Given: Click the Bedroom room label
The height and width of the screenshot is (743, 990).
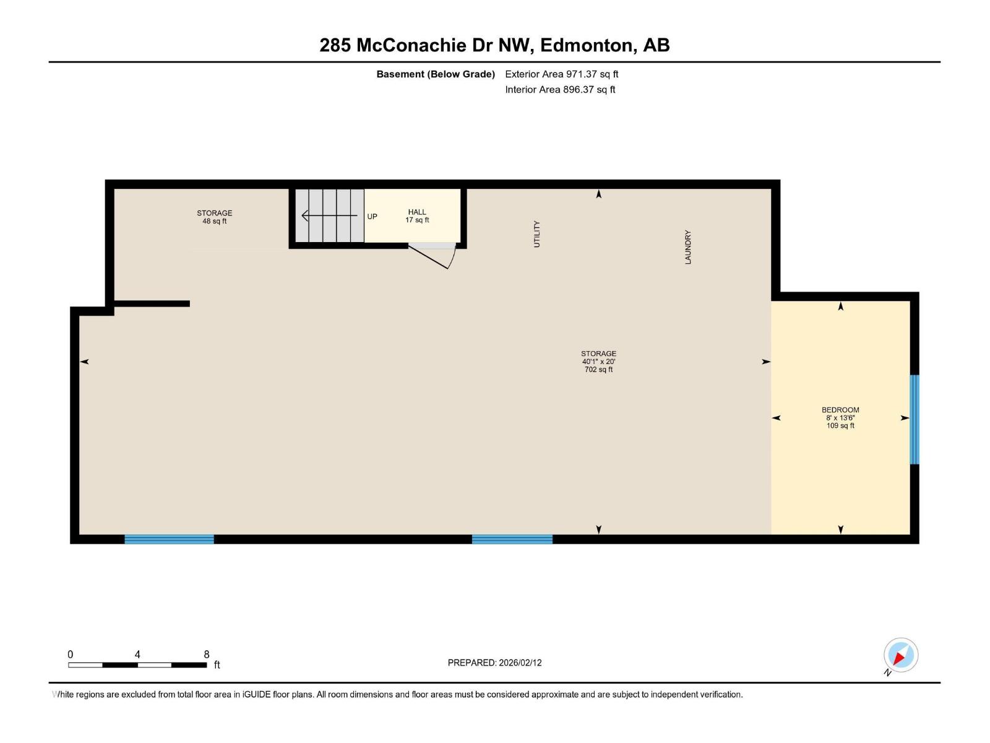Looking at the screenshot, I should pos(840,410).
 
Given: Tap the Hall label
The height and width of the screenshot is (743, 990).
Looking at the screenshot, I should pos(417,212).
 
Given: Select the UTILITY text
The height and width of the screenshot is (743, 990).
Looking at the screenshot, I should pos(537,234).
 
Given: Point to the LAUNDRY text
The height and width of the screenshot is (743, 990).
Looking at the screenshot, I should pos(688,247).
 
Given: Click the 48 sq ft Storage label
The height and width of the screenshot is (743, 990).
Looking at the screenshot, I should pos(215,217).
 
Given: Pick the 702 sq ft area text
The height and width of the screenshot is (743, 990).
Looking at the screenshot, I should pos(598,370).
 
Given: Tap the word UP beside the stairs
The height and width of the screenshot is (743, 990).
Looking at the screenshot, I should pos(372,217).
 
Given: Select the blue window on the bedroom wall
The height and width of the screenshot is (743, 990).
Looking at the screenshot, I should pos(914,419).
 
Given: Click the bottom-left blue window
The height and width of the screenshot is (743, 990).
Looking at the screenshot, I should pos(169,539).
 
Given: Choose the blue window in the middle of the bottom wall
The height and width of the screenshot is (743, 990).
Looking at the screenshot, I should pos(512,539).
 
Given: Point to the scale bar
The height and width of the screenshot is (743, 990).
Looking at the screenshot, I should pos(137,665).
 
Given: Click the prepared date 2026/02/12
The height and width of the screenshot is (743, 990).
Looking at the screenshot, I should pos(520,663).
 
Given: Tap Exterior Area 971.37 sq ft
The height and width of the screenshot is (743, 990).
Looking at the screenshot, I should pos(561,74).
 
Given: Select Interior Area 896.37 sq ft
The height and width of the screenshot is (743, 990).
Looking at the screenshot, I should pos(560,90).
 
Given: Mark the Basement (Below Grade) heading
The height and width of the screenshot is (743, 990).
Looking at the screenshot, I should pos(436,74).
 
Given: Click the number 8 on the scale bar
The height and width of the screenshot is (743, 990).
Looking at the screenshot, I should pos(207,654).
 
